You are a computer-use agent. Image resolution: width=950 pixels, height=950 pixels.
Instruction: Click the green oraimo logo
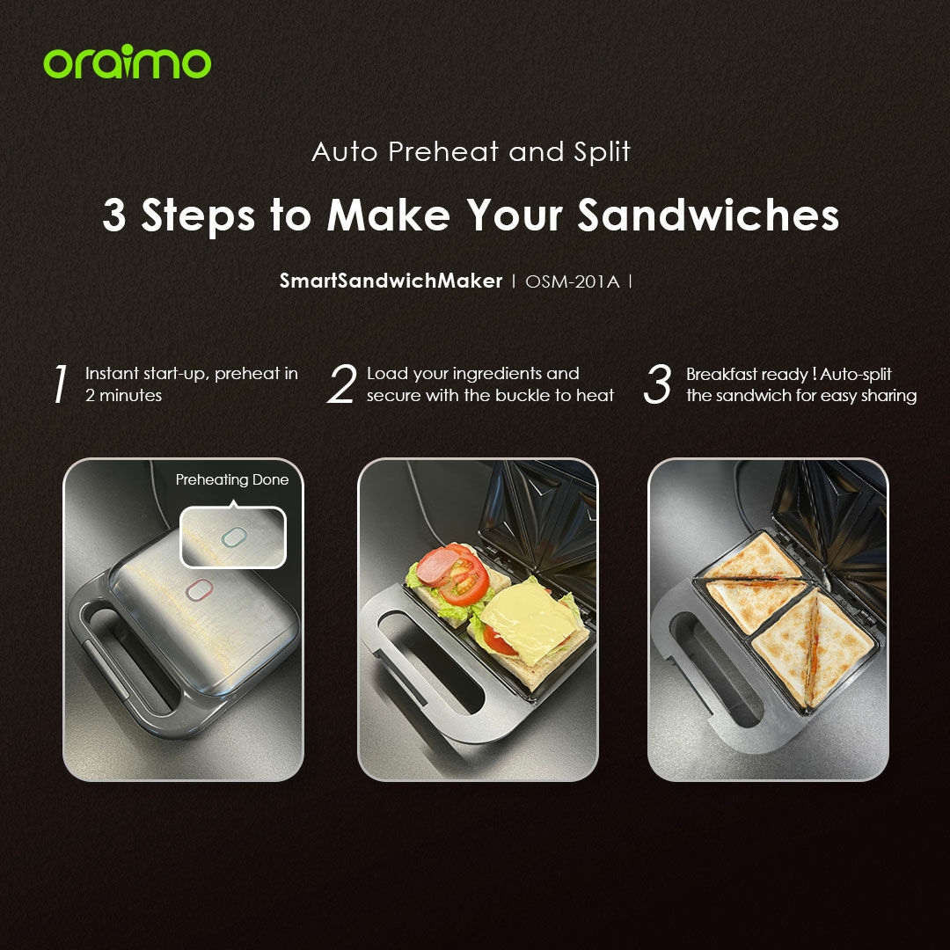(128, 62)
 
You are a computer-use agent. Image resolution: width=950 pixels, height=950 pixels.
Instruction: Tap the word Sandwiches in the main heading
(708, 216)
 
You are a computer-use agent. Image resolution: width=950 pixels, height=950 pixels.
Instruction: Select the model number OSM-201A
(573, 281)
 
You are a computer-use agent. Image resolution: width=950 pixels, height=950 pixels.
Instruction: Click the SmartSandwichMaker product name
(391, 281)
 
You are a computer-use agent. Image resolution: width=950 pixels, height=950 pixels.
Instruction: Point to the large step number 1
(60, 384)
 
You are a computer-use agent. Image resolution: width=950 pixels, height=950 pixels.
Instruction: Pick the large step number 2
(342, 384)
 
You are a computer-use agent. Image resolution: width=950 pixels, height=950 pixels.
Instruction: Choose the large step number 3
(657, 384)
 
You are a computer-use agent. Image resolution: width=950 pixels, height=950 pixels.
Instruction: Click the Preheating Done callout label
(232, 480)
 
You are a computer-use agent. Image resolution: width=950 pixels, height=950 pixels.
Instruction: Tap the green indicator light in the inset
(235, 537)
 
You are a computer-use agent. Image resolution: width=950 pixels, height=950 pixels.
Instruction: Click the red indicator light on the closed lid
(199, 589)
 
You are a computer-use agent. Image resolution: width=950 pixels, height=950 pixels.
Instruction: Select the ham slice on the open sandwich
(437, 566)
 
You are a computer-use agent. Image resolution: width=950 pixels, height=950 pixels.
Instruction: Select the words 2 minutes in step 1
(124, 396)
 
